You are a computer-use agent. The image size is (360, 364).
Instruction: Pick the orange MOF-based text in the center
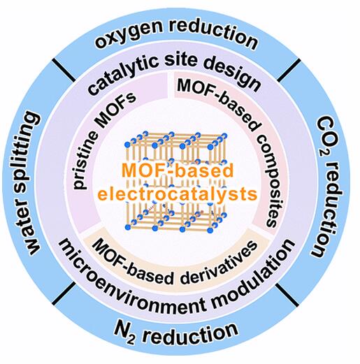pyautogui.click(x=178, y=171)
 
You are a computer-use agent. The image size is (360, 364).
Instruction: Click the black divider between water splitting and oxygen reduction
pyautogui.click(x=64, y=70)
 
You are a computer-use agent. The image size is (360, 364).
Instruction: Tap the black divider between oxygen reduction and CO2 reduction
pyautogui.click(x=289, y=70)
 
